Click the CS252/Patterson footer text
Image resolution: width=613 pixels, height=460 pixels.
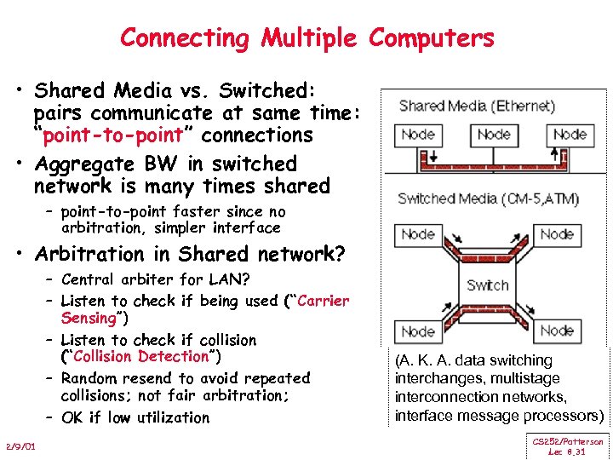(x=568, y=441)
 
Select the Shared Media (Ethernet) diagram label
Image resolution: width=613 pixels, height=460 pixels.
(x=477, y=106)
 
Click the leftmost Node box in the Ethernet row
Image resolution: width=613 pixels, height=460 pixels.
(x=418, y=134)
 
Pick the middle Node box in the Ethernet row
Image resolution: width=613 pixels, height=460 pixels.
(x=494, y=134)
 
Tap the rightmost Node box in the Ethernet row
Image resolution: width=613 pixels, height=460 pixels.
(x=570, y=134)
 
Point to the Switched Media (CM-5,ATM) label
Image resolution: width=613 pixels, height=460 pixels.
(x=488, y=199)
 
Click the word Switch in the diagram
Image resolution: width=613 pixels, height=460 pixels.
(x=488, y=285)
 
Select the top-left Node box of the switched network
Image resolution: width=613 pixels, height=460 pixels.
(x=418, y=234)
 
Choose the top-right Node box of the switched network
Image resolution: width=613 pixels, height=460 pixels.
(x=557, y=234)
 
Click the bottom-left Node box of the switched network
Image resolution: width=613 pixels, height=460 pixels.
(x=418, y=331)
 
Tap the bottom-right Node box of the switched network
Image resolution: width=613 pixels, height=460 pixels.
(x=557, y=331)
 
